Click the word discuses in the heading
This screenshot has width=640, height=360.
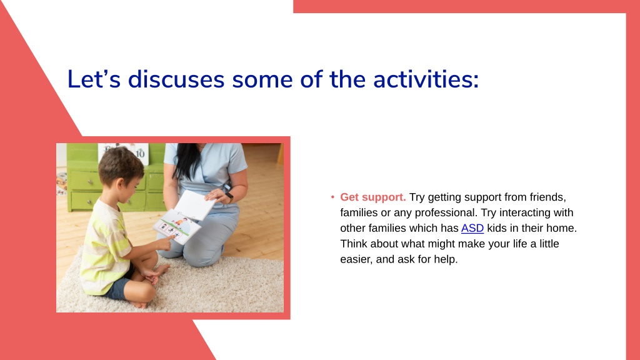(x=176, y=79)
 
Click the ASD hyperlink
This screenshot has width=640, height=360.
(x=472, y=228)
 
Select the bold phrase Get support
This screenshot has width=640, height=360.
(x=373, y=197)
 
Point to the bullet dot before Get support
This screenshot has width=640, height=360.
(x=332, y=197)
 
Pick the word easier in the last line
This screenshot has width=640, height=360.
(x=355, y=259)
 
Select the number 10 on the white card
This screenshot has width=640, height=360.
(x=140, y=154)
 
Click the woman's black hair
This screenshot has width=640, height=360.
(x=186, y=161)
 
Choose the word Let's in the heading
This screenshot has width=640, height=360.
(x=94, y=79)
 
